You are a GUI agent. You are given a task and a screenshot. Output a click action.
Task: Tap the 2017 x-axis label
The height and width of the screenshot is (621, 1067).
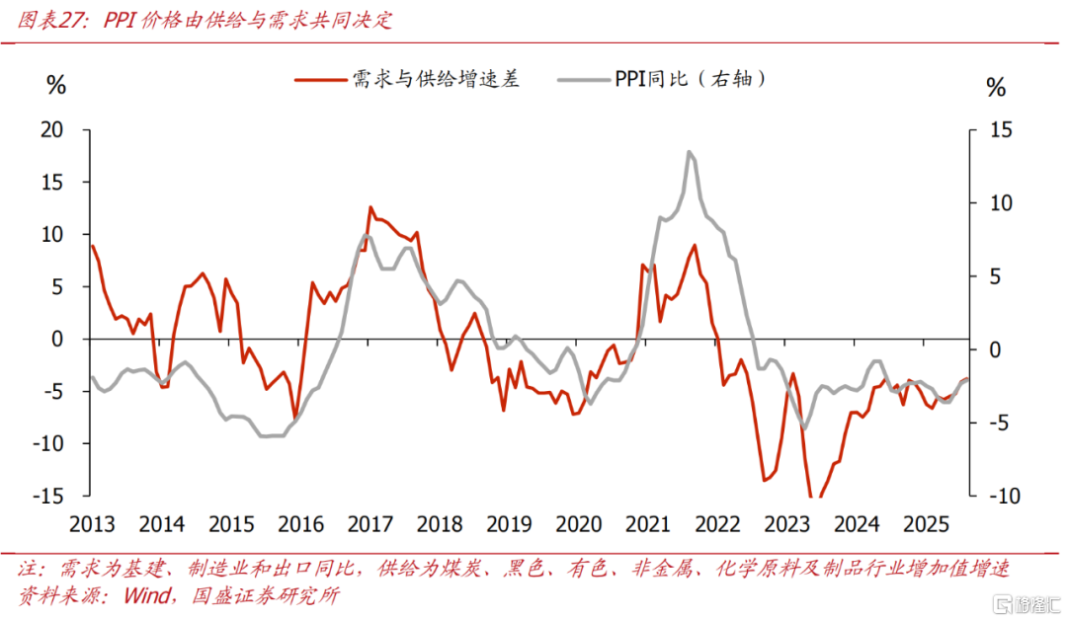click(x=370, y=523)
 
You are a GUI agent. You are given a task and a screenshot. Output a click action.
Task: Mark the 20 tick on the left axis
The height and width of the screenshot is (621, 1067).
click(x=50, y=130)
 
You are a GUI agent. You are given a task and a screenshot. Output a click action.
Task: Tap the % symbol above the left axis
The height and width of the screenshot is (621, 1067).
click(x=56, y=86)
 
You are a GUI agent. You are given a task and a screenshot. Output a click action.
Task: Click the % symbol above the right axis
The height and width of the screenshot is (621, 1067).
click(x=996, y=88)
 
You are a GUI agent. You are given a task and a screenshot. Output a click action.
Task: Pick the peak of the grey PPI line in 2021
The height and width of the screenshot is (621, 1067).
click(x=688, y=152)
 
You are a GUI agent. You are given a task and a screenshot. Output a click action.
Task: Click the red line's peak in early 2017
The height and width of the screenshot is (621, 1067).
click(x=370, y=207)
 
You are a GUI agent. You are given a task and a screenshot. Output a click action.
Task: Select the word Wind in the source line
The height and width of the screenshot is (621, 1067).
click(x=147, y=595)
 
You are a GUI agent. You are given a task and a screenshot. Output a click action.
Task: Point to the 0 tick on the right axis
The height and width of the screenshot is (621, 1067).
click(x=1000, y=349)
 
